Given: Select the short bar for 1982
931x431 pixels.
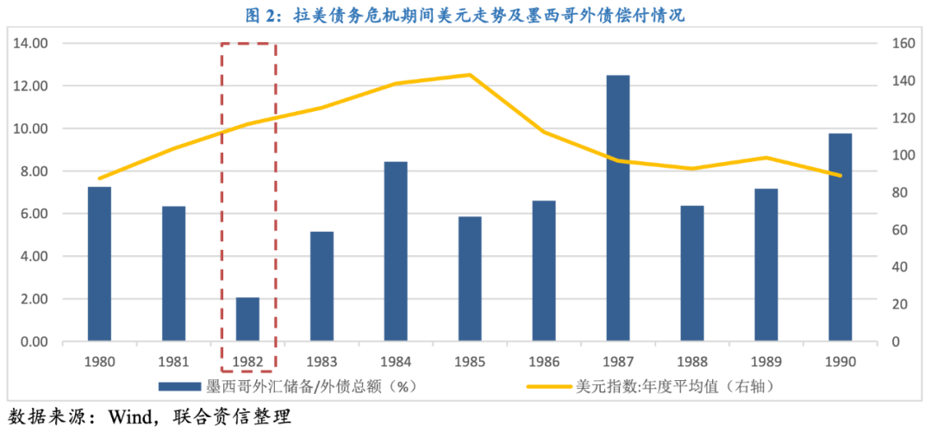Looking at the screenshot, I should point(247,320).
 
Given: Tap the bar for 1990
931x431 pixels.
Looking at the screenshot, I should point(840,238).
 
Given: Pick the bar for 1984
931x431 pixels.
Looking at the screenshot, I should point(396,252).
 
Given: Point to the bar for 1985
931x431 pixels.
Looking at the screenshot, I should point(470,279).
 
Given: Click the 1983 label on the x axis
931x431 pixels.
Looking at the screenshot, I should point(322,362).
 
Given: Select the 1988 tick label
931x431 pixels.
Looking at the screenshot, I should point(692,362).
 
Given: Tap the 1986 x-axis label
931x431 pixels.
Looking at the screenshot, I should point(544,362).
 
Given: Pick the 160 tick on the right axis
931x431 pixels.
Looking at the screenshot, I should point(902,43).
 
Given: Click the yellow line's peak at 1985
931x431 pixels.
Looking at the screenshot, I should point(470,75).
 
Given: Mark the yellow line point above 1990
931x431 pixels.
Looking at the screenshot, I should point(840,176).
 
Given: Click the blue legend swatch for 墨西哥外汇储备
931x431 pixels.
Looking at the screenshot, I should point(178,386).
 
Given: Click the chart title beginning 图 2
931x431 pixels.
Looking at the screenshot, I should point(465,15).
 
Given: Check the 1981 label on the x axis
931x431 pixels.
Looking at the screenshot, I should point(173,362).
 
